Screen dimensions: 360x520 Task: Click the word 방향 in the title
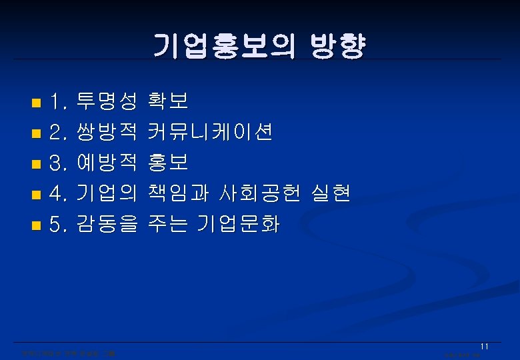(x=338, y=45)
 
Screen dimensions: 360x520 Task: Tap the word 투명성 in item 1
(x=107, y=101)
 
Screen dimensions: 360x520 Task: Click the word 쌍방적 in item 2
(x=107, y=133)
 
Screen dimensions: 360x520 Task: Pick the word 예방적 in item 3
(x=107, y=163)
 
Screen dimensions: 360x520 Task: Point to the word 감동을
(x=107, y=225)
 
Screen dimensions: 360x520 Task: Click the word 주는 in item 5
(x=170, y=225)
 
